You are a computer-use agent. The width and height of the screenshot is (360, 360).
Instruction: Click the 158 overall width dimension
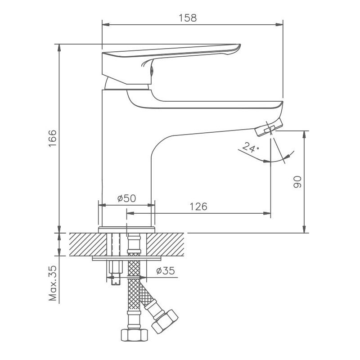188,18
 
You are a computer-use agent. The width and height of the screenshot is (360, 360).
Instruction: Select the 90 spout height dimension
297,182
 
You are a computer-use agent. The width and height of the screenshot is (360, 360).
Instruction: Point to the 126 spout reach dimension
198,207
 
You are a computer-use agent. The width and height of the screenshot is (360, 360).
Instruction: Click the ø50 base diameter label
126,198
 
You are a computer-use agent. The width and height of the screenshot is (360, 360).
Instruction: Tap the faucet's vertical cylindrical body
126,157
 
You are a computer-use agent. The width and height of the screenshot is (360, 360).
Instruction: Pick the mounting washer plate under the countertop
127,259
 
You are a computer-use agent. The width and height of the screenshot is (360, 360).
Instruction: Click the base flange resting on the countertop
127,229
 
